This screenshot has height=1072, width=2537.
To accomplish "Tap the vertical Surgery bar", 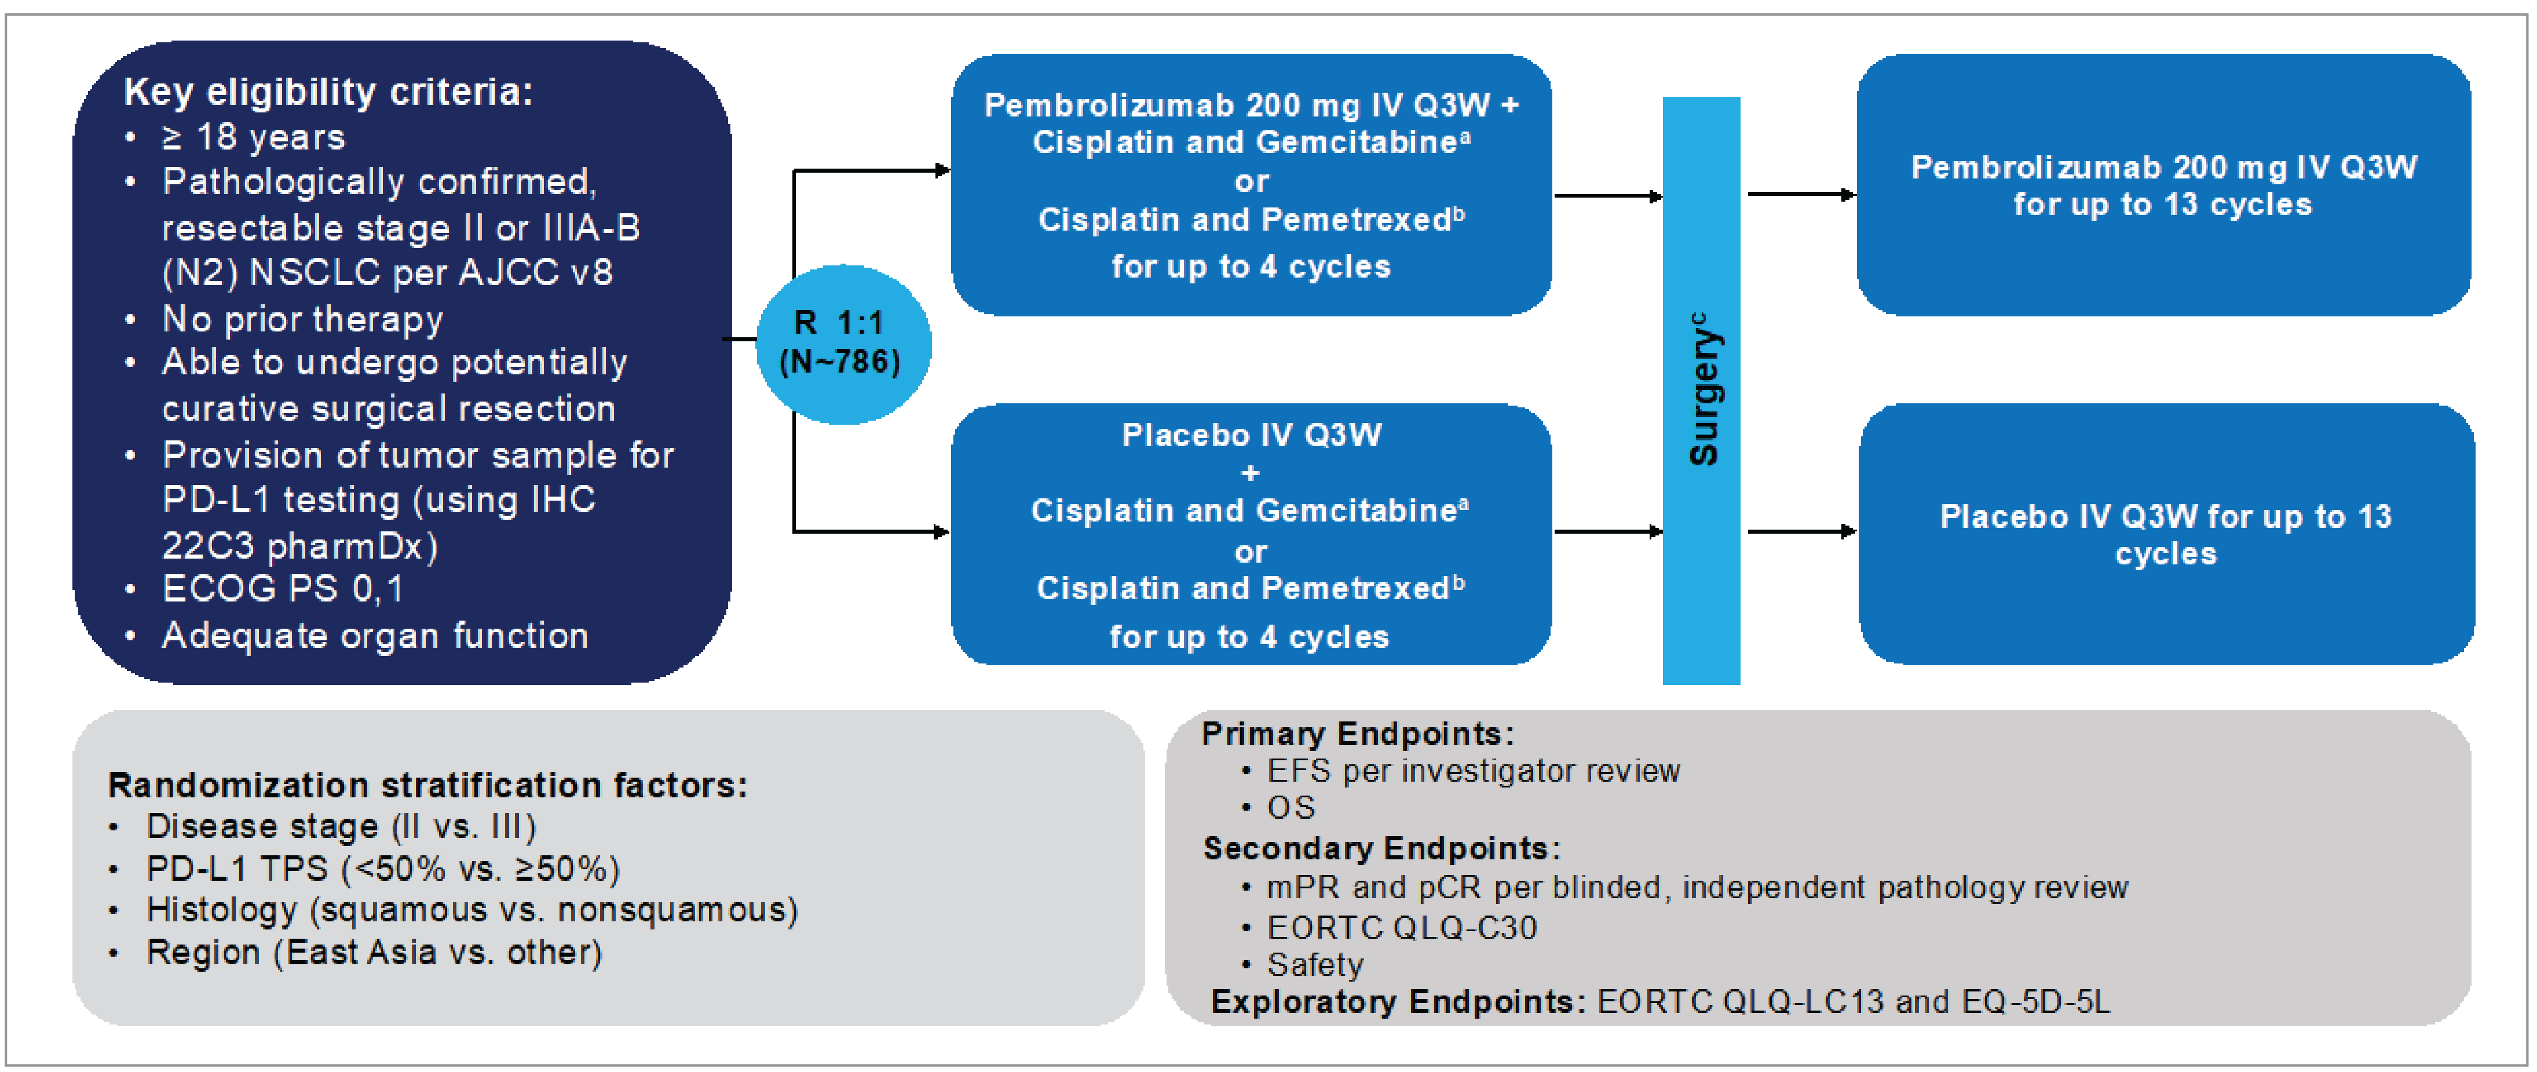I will pos(1700,390).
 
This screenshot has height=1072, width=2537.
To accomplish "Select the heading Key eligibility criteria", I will pos(328,92).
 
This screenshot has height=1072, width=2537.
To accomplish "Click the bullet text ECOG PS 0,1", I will pos(283,589).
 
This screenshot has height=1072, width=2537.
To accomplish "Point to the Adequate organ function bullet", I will pos(374,636).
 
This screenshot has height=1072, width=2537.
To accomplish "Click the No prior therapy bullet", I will pos(302,319).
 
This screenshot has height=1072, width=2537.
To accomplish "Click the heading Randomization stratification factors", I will pos(427,785).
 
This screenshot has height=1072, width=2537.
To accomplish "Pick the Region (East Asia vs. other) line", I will pos(374,953).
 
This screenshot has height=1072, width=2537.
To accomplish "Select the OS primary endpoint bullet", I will pos(1290,808).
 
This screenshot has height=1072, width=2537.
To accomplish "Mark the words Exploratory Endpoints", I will pos(1397,1002).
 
